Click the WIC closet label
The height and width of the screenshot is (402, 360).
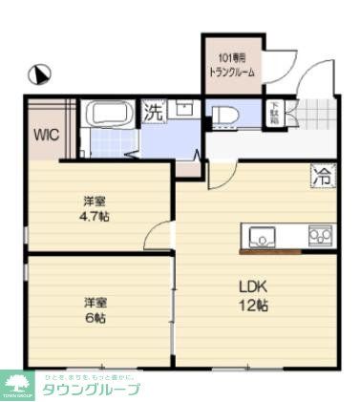pyautogui.click(x=47, y=135)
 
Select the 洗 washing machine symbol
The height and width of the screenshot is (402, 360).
pyautogui.click(x=154, y=112)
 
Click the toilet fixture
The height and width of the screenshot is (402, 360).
pyautogui.click(x=225, y=115)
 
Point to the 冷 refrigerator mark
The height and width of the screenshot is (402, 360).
pyautogui.click(x=321, y=176)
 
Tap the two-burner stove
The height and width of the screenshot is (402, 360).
pyautogui.click(x=319, y=235)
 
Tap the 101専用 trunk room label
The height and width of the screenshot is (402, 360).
pyautogui.click(x=232, y=65)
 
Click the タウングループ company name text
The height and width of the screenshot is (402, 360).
pyautogui.click(x=92, y=390)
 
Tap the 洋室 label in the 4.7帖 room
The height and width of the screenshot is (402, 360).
pyautogui.click(x=94, y=201)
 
